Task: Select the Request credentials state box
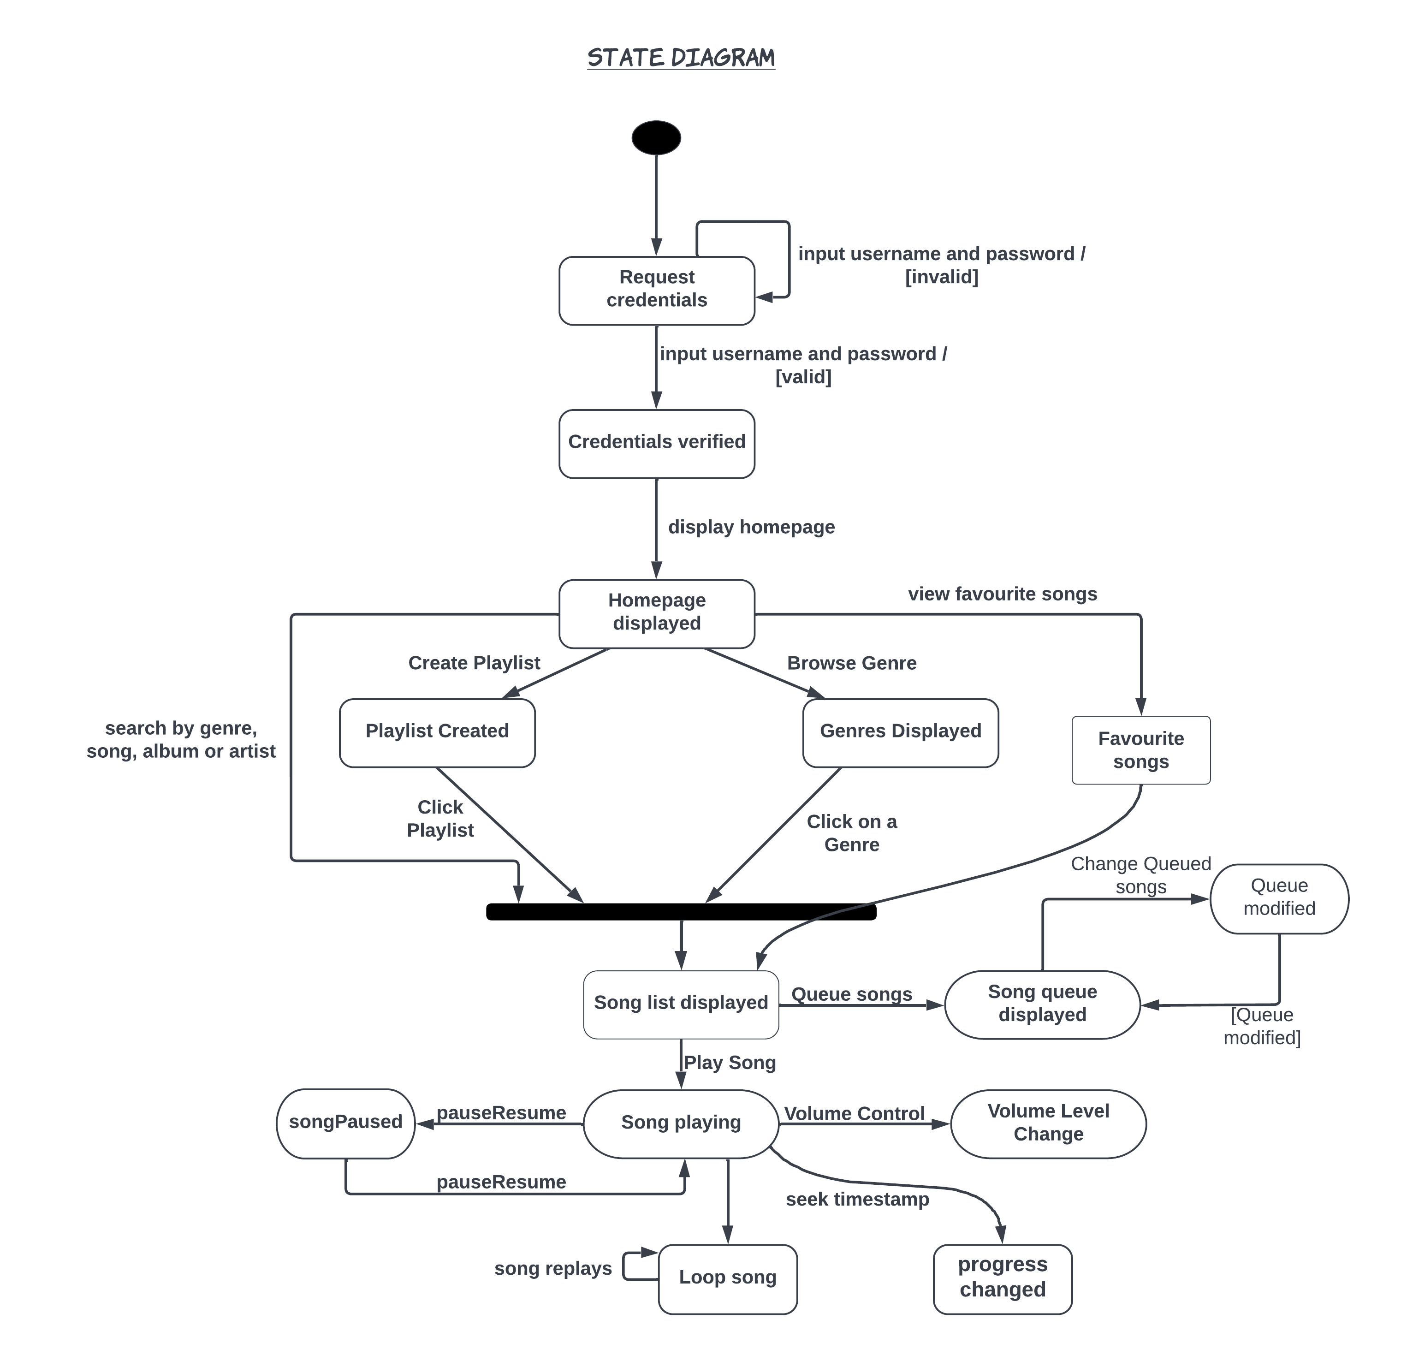point(656,290)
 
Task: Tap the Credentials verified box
point(656,443)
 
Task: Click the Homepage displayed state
point(656,613)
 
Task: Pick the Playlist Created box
point(437,733)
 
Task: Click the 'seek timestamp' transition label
point(856,1200)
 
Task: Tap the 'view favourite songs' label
point(1002,594)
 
